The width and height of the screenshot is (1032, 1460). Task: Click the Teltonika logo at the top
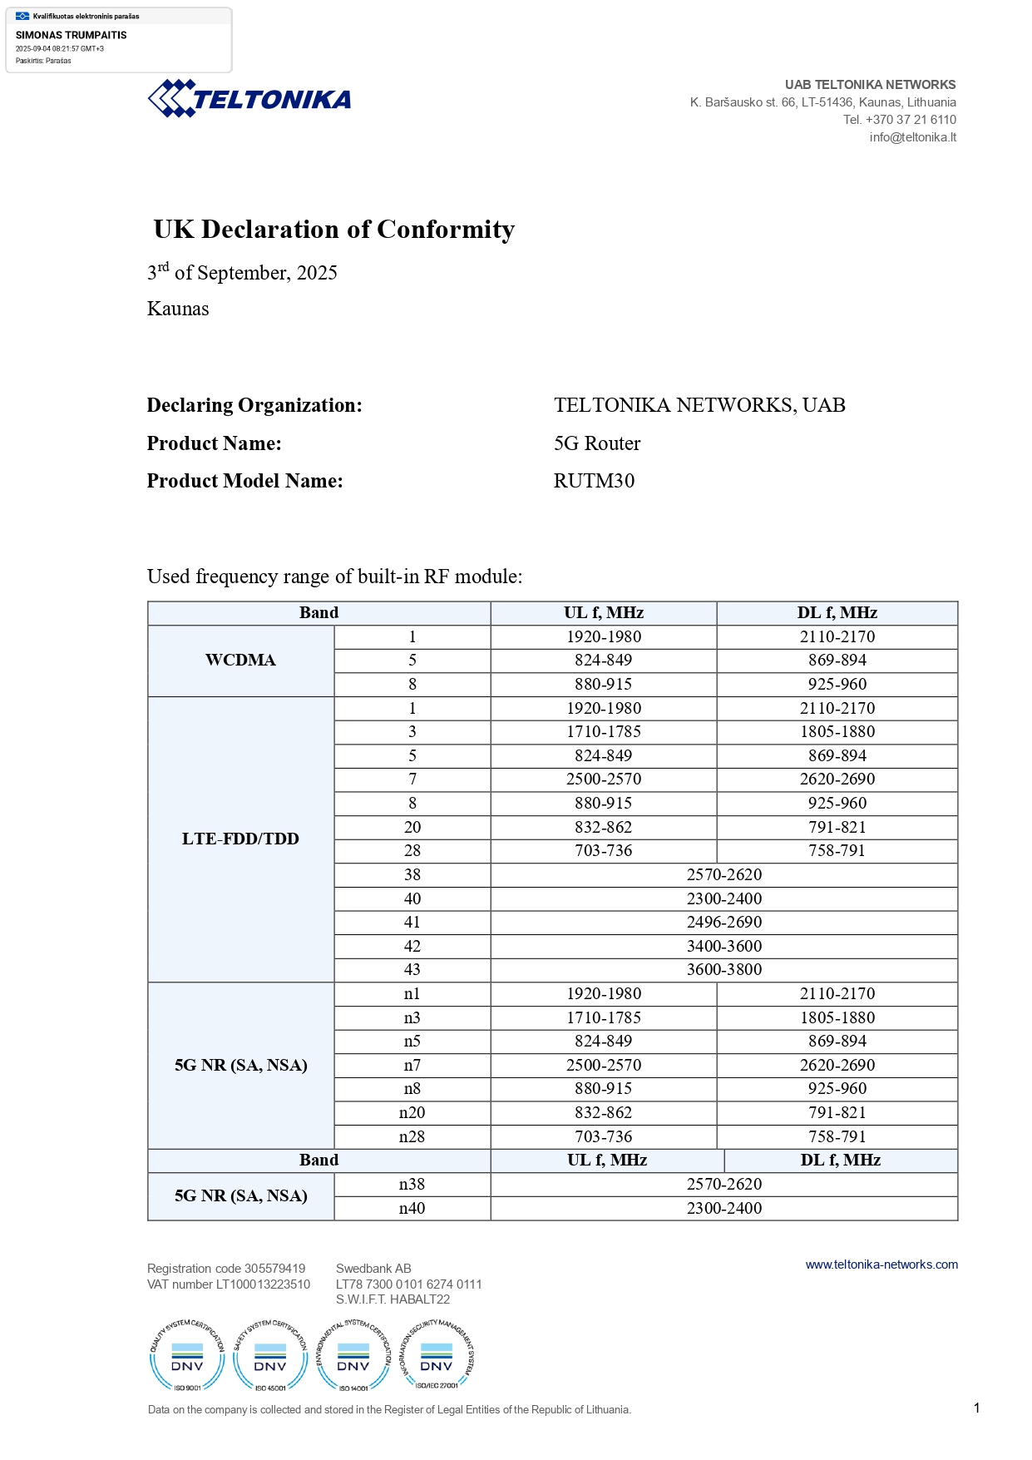[249, 99]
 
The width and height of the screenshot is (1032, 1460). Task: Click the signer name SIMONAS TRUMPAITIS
[72, 35]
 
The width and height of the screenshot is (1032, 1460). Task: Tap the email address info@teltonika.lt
[912, 137]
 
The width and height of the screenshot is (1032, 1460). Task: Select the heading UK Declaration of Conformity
[334, 230]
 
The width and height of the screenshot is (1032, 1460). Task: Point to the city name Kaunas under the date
[178, 309]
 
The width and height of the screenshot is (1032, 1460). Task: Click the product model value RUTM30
[594, 481]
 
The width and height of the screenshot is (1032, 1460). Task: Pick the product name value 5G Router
[597, 443]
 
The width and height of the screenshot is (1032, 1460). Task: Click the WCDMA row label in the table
[240, 661]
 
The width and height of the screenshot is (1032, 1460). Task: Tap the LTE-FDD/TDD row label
[240, 839]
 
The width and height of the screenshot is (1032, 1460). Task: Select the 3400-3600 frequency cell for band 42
[723, 946]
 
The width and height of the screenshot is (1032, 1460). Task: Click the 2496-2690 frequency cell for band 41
[723, 922]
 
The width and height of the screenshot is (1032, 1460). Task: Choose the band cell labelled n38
[412, 1184]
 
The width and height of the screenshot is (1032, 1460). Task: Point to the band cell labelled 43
[412, 969]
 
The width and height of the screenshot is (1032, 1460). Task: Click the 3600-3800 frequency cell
[723, 969]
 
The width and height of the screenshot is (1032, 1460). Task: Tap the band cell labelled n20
[412, 1112]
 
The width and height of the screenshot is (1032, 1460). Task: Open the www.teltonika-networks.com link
[881, 1265]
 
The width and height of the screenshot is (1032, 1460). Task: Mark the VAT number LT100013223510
[263, 1284]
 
